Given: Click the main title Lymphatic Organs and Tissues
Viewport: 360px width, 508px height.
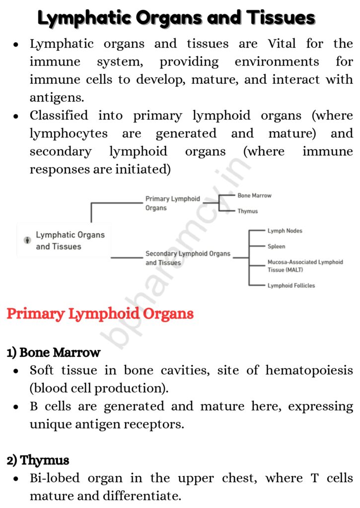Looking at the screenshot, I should [x=176, y=18].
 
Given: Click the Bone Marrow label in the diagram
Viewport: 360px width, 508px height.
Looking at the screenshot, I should [x=254, y=195].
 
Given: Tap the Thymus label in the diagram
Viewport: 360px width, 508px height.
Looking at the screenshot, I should [x=247, y=211].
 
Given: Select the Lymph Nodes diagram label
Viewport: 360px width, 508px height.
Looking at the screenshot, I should [x=285, y=231].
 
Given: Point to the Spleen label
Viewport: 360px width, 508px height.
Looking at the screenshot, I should [x=276, y=246].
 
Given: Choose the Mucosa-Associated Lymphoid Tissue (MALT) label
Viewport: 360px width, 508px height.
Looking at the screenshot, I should [x=305, y=266].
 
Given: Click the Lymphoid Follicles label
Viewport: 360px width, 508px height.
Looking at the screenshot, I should [x=291, y=285].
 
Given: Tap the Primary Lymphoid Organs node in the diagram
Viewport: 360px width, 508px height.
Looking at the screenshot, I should [x=172, y=203].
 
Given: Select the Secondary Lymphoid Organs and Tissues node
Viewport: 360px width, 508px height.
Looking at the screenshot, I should [x=188, y=258].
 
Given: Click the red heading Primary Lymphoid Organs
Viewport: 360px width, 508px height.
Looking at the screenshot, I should [x=100, y=314].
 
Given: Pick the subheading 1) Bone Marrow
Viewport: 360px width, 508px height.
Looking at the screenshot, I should [x=54, y=353].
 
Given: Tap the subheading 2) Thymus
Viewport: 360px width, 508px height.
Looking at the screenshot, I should [x=38, y=460].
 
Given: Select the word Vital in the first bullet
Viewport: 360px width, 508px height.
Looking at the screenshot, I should [x=281, y=44].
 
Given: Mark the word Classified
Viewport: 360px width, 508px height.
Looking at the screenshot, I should [x=59, y=116].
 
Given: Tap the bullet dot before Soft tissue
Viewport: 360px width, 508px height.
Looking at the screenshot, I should [x=17, y=371].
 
